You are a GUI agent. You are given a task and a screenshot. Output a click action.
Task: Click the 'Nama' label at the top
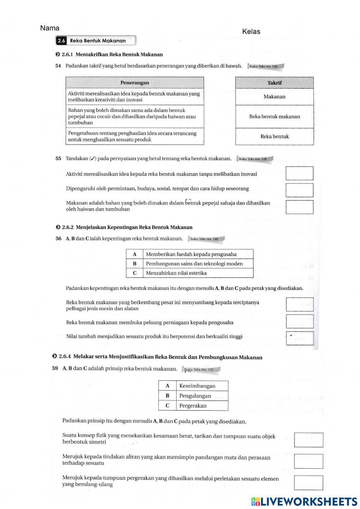[50, 28]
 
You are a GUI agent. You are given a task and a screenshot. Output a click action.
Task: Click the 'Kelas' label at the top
[251, 32]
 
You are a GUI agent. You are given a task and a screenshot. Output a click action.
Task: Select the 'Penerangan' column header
[135, 83]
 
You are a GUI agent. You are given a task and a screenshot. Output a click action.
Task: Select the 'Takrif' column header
[274, 83]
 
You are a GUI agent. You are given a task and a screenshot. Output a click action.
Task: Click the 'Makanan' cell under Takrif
[274, 97]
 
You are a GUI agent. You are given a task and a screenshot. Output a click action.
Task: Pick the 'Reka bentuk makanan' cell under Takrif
[274, 117]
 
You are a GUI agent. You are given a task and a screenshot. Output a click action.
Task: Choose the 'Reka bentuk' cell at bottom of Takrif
[274, 136]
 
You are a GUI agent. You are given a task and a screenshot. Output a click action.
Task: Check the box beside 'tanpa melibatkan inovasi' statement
[299, 173]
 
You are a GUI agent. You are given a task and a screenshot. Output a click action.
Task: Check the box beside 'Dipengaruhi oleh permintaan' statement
[299, 190]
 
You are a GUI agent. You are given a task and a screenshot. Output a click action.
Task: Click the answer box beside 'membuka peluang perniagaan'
[300, 321]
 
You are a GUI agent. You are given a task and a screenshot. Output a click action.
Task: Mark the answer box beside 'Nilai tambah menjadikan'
[300, 338]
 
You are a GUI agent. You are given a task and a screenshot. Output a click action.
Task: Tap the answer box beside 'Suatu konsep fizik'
[309, 440]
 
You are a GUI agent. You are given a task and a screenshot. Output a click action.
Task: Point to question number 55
[58, 159]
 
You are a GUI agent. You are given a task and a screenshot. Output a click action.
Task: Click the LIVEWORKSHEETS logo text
[308, 502]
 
